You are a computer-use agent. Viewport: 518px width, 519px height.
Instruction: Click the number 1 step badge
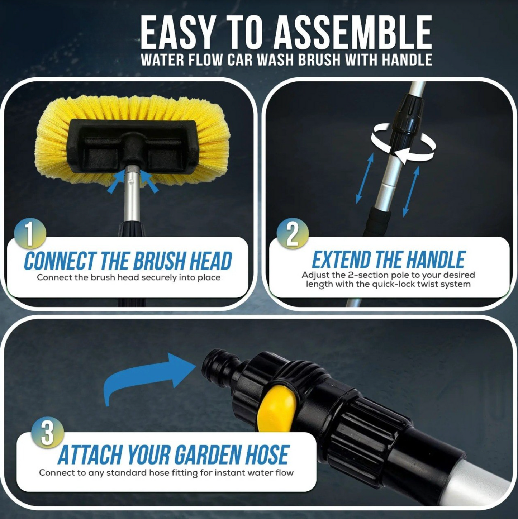(x=30, y=233)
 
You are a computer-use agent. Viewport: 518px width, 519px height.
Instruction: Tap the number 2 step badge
(x=293, y=233)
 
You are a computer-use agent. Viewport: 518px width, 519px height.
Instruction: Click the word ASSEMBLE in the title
(x=353, y=33)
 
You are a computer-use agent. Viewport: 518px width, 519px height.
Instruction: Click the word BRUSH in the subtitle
(x=319, y=60)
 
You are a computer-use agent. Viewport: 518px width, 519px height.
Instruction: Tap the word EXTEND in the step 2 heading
(x=341, y=260)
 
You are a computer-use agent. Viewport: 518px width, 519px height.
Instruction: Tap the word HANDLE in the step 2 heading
(x=436, y=260)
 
